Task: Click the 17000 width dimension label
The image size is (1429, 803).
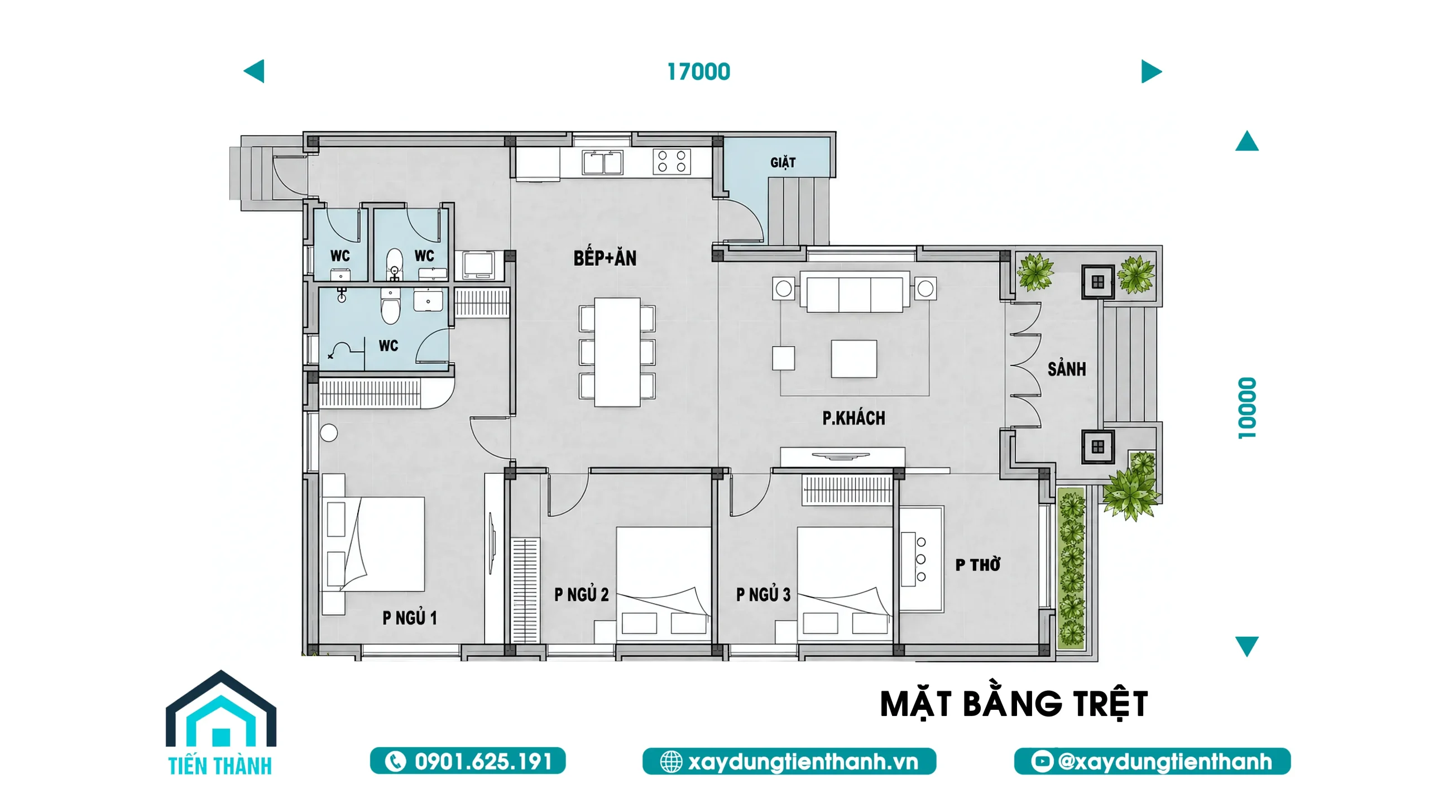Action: point(698,72)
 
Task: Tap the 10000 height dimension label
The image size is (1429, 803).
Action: point(1247,408)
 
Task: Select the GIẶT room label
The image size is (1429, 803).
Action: point(783,162)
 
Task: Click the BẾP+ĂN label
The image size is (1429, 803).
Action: point(605,258)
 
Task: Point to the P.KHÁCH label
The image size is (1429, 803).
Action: point(853,418)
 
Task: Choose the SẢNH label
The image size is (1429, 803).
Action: point(1067,368)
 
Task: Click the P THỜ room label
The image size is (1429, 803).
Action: point(977,565)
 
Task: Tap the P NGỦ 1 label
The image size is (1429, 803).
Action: point(410,618)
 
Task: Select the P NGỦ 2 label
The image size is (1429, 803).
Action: point(581,594)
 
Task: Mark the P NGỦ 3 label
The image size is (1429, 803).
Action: point(763,594)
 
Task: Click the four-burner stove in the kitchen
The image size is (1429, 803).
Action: point(672,161)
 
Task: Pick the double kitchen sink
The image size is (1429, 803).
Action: point(602,162)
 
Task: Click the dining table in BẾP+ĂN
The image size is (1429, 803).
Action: point(617,352)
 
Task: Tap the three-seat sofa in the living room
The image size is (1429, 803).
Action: point(855,291)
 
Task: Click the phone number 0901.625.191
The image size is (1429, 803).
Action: point(468,761)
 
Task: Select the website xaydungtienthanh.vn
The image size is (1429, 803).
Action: point(789,761)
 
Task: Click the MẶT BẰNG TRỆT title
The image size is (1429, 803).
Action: point(1014,704)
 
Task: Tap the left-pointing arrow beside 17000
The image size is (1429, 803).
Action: point(254,71)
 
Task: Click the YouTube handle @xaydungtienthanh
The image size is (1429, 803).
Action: point(1152,761)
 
